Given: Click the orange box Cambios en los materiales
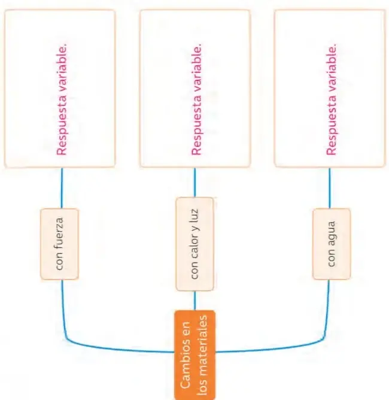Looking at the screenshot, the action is tap(194, 355).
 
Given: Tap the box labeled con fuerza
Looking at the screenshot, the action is tap(59, 244).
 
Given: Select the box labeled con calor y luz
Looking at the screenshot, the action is tap(194, 244).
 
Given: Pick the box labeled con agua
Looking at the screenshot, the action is tap(332, 244).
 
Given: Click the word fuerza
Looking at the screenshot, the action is tap(59, 235).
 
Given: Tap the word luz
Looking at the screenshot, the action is tap(194, 215).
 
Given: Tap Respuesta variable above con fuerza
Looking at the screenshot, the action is tap(62, 99).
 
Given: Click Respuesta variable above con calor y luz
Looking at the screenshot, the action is tap(196, 99).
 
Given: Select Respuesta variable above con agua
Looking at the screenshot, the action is tap(331, 99).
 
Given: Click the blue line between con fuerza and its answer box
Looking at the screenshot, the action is tap(62, 188).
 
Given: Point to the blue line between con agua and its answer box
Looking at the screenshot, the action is tap(329, 188).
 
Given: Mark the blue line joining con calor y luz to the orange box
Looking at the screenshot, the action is tap(195, 301).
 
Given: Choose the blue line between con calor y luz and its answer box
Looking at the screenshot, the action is tap(195, 183).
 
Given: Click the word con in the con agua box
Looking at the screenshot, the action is tap(331, 258).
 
